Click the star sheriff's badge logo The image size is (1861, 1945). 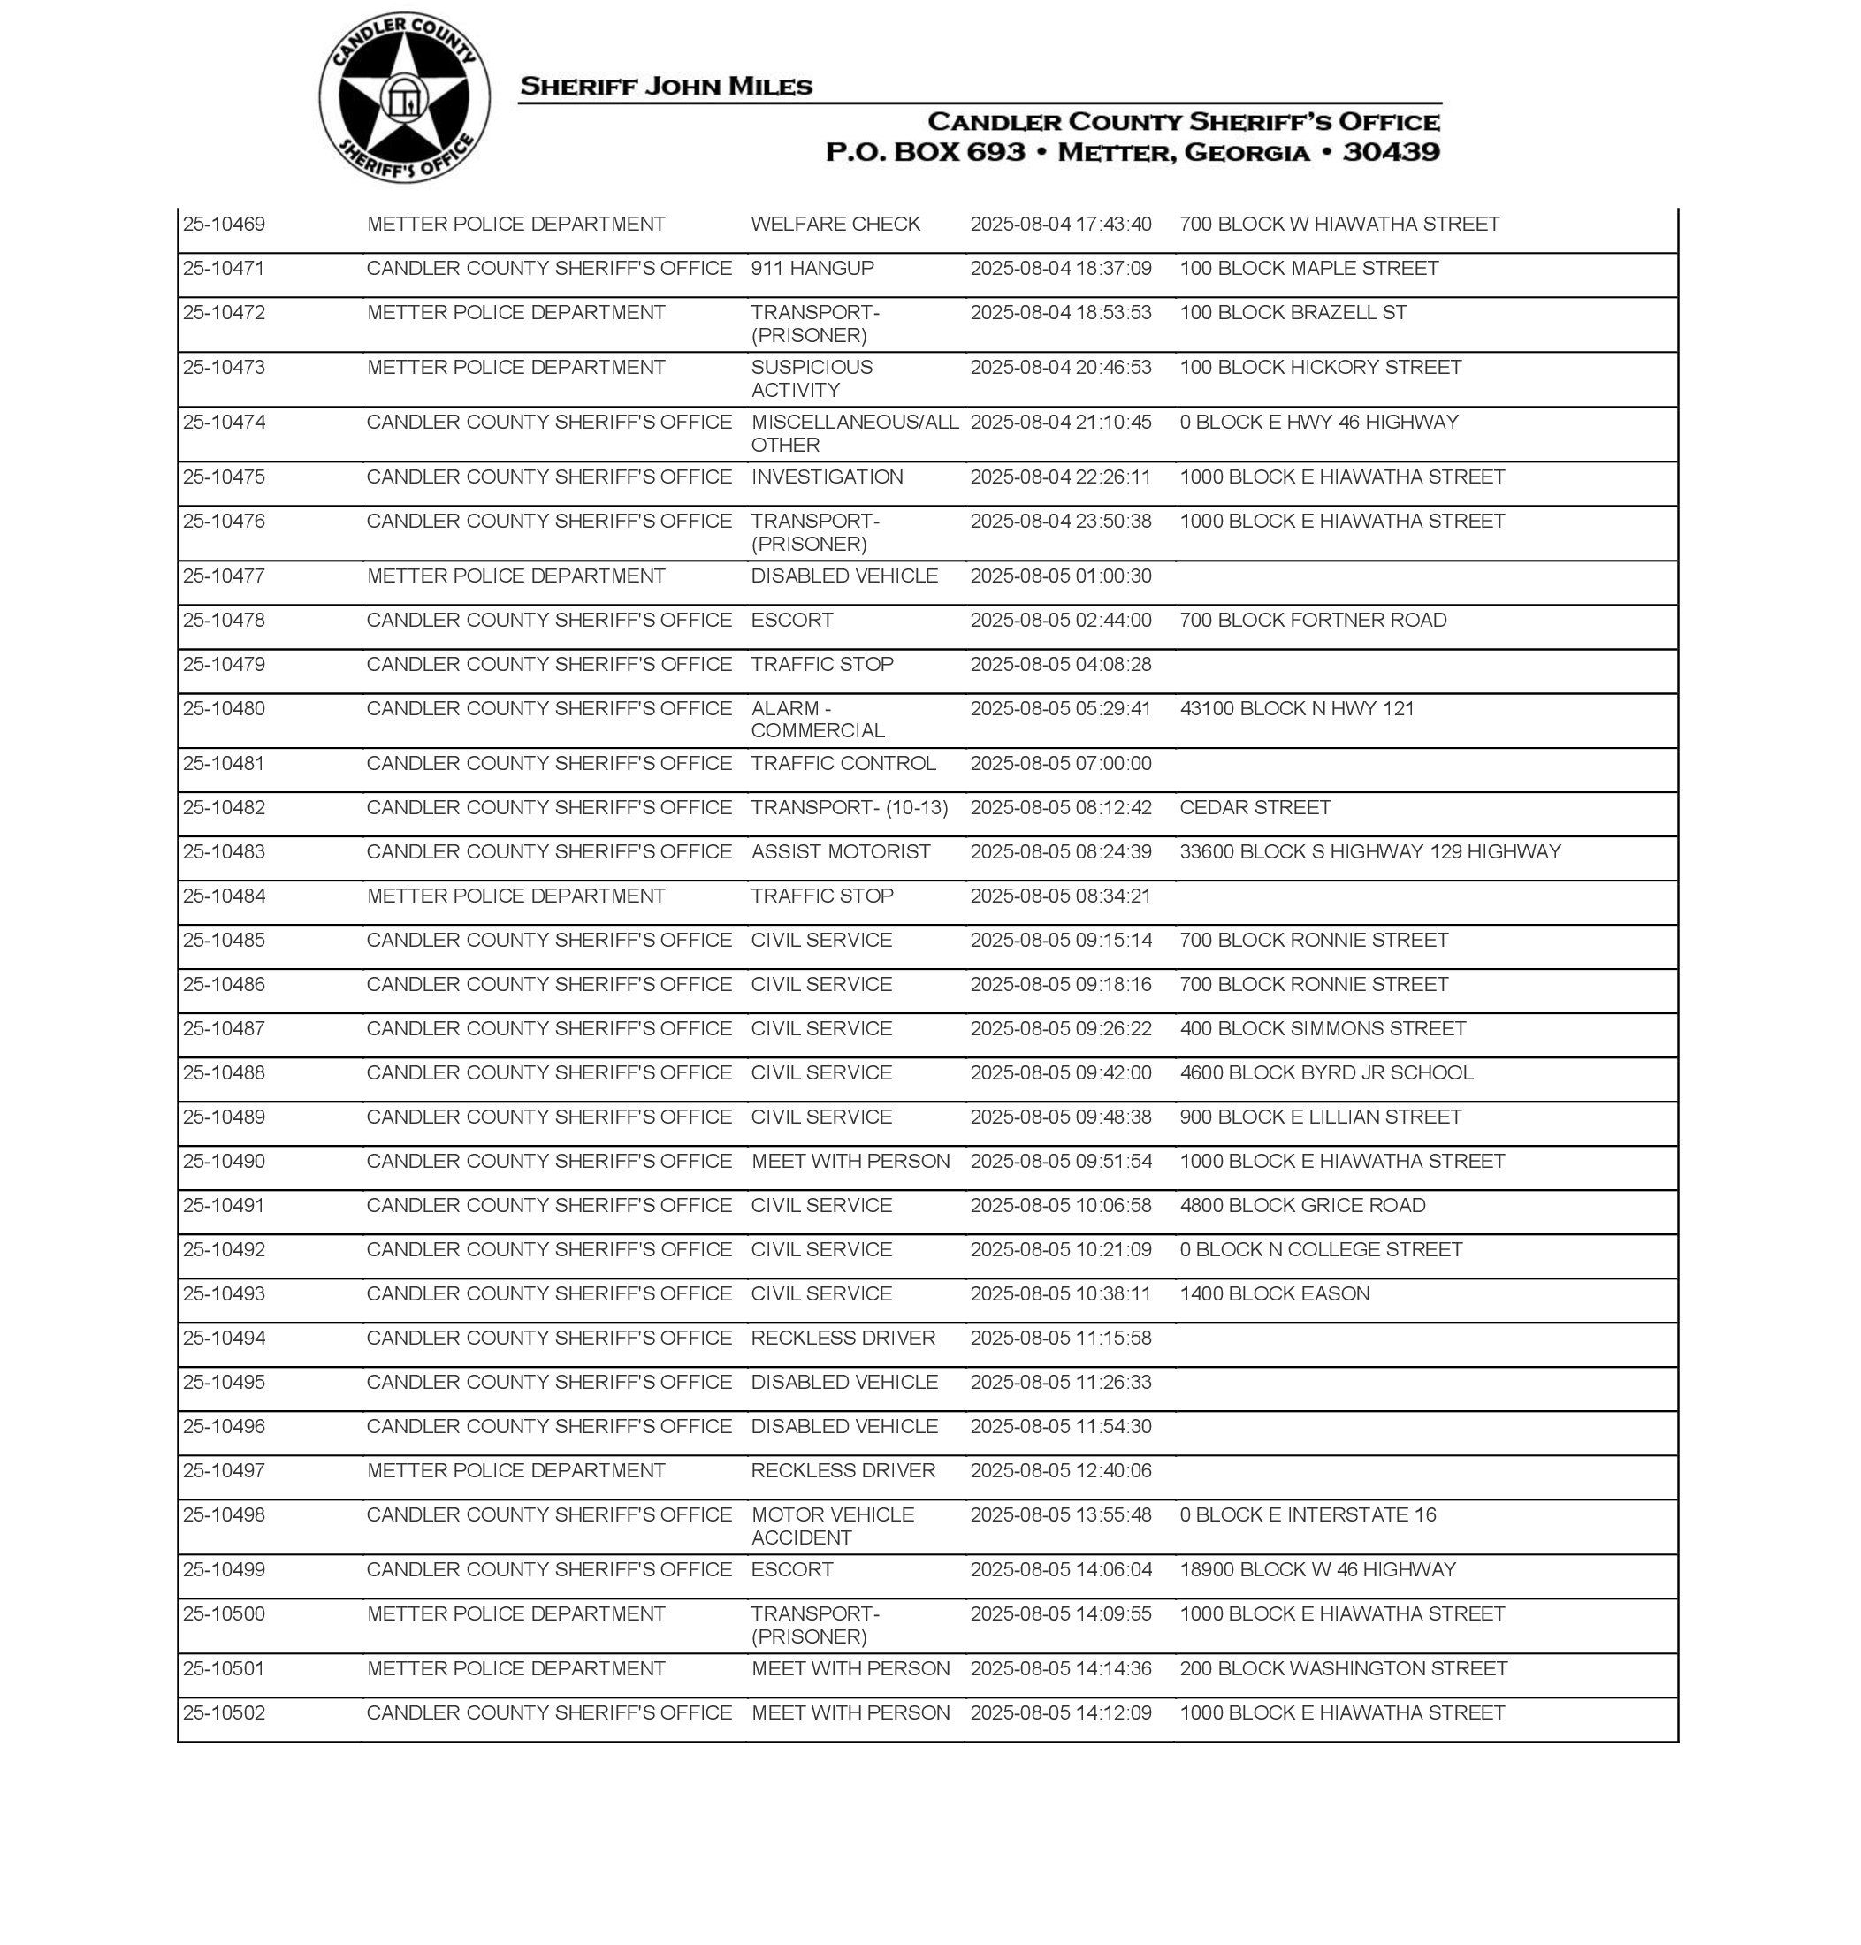(404, 98)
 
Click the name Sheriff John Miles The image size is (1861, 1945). (666, 87)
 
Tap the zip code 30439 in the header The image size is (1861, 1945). (1391, 152)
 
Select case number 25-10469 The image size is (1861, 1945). (225, 225)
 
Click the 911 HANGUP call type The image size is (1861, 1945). (812, 269)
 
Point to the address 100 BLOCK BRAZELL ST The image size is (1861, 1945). (1293, 312)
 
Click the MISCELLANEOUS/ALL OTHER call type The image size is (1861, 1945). (854, 433)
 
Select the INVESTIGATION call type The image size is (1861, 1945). (827, 477)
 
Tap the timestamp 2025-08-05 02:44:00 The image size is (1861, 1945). (1060, 620)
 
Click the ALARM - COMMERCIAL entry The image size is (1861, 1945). (818, 719)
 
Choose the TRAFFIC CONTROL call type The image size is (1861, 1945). (843, 763)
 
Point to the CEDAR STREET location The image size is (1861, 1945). (1255, 807)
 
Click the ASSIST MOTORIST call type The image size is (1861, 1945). (840, 851)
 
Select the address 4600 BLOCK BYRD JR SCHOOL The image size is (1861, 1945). (1326, 1072)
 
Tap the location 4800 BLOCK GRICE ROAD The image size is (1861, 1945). (1302, 1205)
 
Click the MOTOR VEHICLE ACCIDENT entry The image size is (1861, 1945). (832, 1525)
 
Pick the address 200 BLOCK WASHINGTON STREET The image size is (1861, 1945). (1343, 1668)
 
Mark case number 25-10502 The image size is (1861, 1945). (225, 1712)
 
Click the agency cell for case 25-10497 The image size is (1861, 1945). (515, 1470)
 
